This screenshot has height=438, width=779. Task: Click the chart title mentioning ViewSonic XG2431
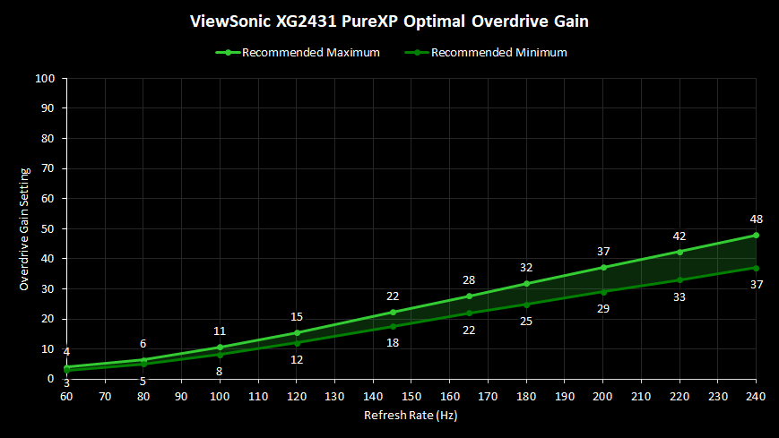(389, 19)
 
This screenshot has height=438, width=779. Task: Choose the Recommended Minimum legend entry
(490, 52)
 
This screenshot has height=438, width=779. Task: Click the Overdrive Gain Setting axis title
(25, 228)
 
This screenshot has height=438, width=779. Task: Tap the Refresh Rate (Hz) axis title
(411, 416)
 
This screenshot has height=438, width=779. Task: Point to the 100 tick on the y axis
(47, 79)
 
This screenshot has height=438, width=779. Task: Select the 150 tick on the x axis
(411, 394)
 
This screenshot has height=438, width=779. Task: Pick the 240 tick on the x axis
(756, 394)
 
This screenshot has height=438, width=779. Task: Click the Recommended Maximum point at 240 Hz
(756, 236)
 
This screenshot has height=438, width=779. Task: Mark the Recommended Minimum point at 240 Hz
(756, 268)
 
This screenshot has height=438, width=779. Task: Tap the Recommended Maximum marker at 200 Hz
(603, 268)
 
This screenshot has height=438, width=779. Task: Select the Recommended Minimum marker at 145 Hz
(393, 325)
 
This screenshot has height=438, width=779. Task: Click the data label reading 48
(756, 219)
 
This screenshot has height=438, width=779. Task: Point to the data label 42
(679, 236)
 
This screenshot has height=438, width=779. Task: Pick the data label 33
(679, 296)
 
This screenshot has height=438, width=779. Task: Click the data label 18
(393, 342)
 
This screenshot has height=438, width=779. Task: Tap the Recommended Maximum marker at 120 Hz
(297, 333)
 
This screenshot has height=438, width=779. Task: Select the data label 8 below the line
(220, 371)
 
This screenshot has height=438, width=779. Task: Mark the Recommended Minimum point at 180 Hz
(526, 305)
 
